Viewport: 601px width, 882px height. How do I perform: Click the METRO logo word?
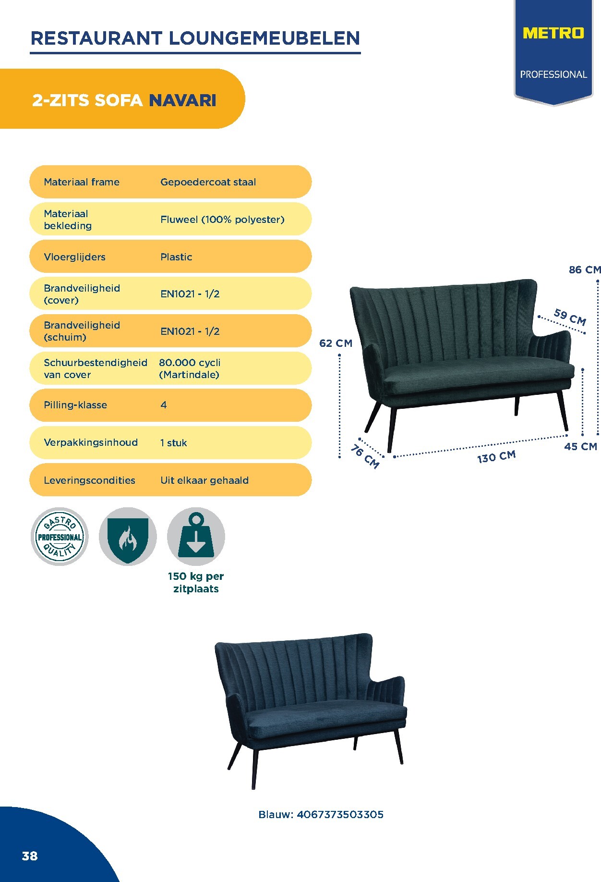click(x=553, y=33)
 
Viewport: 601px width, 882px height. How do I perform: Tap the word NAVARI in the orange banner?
click(x=182, y=100)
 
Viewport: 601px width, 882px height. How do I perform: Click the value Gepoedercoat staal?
click(x=208, y=182)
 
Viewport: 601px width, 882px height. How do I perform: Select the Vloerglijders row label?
click(x=74, y=257)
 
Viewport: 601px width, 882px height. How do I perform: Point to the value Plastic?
click(x=176, y=257)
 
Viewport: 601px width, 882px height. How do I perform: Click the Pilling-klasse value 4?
click(x=164, y=405)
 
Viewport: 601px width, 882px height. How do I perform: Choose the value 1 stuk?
click(x=173, y=442)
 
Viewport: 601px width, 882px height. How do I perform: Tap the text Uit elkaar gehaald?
click(x=204, y=480)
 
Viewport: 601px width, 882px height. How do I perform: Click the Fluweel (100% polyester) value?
click(x=222, y=220)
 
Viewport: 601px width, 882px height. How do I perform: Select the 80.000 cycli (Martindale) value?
click(x=190, y=368)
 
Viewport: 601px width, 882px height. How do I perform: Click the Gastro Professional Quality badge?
click(x=60, y=537)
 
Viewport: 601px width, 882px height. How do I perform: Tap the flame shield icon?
click(x=128, y=537)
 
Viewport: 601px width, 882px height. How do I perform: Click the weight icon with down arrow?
click(x=196, y=537)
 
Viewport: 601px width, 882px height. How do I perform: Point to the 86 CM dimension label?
click(x=585, y=269)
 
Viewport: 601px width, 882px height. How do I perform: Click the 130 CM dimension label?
click(x=496, y=456)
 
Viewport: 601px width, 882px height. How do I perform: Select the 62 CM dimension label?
click(x=336, y=343)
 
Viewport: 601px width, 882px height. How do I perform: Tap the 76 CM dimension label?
click(x=365, y=456)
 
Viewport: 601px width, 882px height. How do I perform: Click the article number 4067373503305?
click(x=340, y=814)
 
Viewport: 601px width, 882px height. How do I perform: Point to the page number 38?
click(x=30, y=856)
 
